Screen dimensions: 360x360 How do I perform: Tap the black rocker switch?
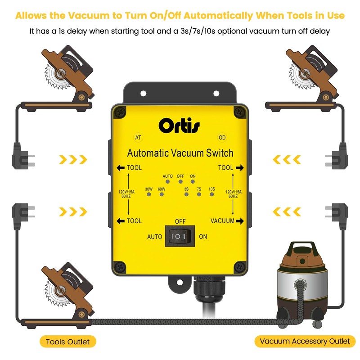point(180,236)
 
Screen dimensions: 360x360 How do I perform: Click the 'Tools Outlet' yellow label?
point(67,342)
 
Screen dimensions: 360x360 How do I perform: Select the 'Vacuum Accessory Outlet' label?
point(305,341)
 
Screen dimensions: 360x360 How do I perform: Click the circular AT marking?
point(139,138)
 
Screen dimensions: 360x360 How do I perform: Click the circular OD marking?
point(222,138)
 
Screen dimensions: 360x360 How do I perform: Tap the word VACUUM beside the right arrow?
point(222,220)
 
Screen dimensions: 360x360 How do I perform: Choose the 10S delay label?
point(211,189)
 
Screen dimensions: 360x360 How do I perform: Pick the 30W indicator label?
point(149,189)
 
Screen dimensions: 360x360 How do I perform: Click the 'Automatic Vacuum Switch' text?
point(180,153)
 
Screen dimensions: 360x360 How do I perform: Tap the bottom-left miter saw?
point(67,297)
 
